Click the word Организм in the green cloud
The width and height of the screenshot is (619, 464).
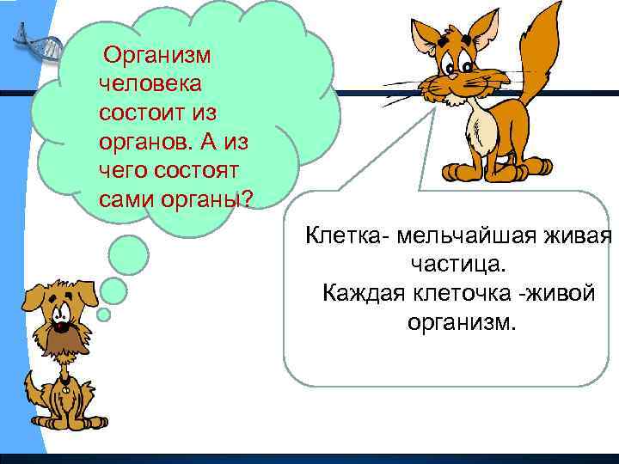click(x=156, y=56)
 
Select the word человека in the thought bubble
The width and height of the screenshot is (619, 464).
click(x=150, y=84)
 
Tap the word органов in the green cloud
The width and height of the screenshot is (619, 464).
click(x=140, y=142)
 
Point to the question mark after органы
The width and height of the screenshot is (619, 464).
click(x=248, y=199)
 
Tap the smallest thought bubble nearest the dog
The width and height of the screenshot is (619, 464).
click(x=103, y=314)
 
